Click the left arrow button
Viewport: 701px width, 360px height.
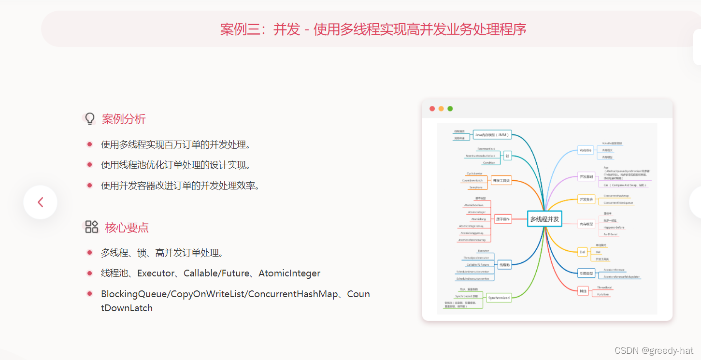41,202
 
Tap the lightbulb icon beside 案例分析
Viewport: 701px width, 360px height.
90,119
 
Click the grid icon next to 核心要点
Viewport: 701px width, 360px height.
91,227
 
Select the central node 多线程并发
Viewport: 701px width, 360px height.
544,219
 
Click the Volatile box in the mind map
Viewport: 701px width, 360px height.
585,150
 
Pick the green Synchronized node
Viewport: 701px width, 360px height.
499,298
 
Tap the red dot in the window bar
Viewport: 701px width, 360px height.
432,109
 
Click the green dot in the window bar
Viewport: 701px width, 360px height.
450,109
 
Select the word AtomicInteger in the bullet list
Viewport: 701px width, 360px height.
289,274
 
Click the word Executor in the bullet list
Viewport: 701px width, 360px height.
156,274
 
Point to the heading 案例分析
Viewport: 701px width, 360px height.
124,119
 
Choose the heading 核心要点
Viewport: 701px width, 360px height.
127,228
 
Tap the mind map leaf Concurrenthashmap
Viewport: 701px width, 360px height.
616,196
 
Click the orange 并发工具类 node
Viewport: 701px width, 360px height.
501,181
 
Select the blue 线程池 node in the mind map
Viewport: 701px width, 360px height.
504,265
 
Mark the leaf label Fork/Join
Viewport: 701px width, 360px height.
602,294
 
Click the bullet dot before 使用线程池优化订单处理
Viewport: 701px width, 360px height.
89,165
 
